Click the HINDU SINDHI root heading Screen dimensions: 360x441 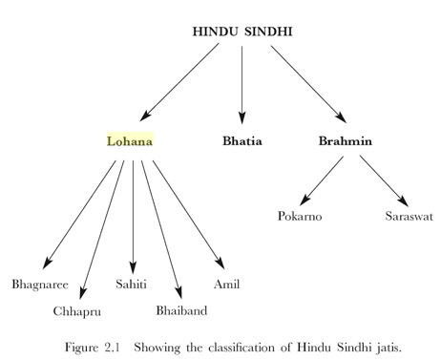(242, 32)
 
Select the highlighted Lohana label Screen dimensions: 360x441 (129, 141)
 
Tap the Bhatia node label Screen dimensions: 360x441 (241, 141)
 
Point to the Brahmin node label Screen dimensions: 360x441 (345, 141)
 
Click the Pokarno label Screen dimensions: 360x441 (300, 217)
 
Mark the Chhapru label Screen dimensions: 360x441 (77, 311)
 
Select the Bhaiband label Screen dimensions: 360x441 (181, 311)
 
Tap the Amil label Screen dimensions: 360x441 (227, 285)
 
